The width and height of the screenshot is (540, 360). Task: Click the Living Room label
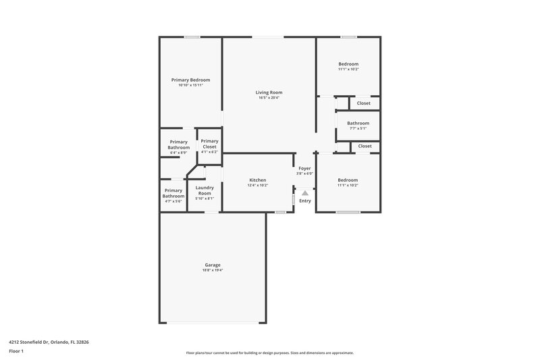(269, 92)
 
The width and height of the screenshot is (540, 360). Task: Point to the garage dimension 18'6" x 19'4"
(213, 270)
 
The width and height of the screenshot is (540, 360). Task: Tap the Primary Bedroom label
(190, 80)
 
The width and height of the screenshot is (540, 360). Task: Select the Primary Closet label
(209, 144)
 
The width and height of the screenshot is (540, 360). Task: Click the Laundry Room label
(205, 190)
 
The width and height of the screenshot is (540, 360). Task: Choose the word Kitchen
(258, 180)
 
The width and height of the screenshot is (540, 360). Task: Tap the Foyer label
(304, 168)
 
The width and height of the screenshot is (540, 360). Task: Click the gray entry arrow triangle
(305, 192)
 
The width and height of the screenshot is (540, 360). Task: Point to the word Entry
(305, 201)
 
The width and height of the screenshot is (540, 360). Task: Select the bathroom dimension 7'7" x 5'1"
(358, 128)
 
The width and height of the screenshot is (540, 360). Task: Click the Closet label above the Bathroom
(364, 103)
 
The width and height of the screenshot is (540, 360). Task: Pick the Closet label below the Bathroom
(364, 146)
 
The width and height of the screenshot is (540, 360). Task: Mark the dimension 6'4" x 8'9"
(179, 153)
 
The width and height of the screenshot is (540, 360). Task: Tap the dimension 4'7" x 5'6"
(173, 201)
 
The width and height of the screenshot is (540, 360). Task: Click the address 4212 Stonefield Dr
(49, 342)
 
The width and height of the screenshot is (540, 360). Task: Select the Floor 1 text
(17, 351)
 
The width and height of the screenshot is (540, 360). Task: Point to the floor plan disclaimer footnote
(269, 353)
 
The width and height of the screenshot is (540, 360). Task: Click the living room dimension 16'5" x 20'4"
(269, 98)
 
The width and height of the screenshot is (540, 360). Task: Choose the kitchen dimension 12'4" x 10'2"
(258, 185)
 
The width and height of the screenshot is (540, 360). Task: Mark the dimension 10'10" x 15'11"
(190, 85)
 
